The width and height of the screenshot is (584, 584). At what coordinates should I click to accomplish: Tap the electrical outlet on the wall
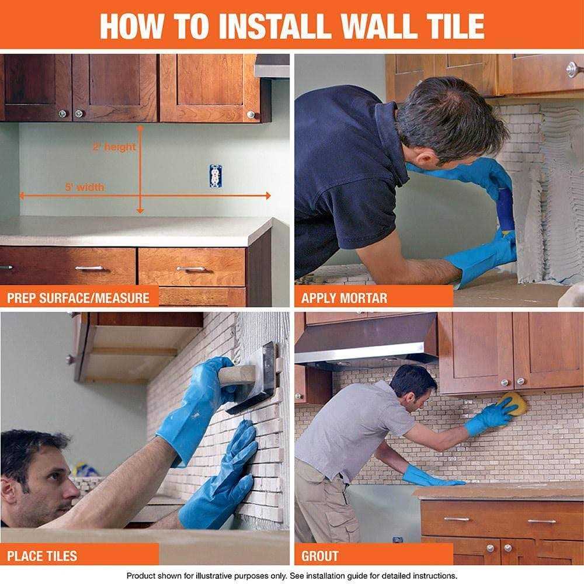pyautogui.click(x=215, y=175)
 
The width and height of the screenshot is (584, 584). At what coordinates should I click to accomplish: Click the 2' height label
pyautogui.click(x=114, y=147)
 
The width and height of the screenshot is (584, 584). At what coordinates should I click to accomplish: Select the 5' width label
pyautogui.click(x=85, y=187)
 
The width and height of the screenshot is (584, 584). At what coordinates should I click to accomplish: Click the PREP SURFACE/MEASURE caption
pyautogui.click(x=78, y=298)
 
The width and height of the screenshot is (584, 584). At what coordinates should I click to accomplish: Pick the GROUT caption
pyautogui.click(x=319, y=555)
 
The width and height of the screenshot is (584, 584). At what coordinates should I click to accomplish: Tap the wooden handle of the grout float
pyautogui.click(x=237, y=375)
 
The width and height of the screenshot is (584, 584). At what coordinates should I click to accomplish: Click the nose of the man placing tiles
pyautogui.click(x=74, y=488)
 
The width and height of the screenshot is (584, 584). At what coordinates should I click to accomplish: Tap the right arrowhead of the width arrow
pyautogui.click(x=268, y=196)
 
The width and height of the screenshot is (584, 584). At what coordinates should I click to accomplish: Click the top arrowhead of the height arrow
pyautogui.click(x=140, y=127)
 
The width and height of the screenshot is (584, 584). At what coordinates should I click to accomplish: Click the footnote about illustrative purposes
pyautogui.click(x=291, y=575)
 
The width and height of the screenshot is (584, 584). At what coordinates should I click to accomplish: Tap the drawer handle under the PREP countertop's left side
pyautogui.click(x=89, y=268)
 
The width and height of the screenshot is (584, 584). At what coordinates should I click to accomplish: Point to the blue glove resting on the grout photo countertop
pyautogui.click(x=429, y=478)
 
